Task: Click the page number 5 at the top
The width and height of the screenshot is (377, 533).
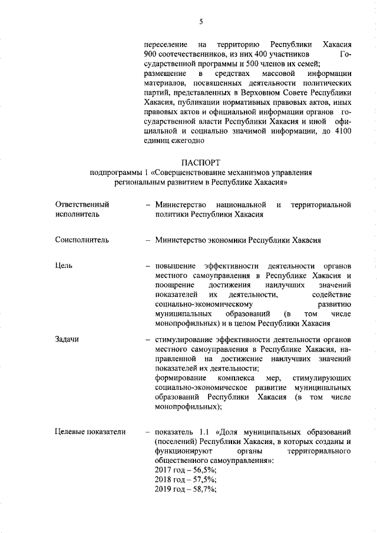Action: pyautogui.click(x=200, y=21)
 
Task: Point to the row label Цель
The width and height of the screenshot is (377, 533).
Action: pyautogui.click(x=64, y=266)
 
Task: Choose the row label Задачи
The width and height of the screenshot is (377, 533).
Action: pyautogui.click(x=67, y=339)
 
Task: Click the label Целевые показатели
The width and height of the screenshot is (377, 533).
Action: pyautogui.click(x=90, y=432)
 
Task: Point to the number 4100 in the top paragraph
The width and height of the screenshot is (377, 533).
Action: pyautogui.click(x=341, y=131)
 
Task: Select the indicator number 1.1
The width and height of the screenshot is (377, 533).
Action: pyautogui.click(x=203, y=432)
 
